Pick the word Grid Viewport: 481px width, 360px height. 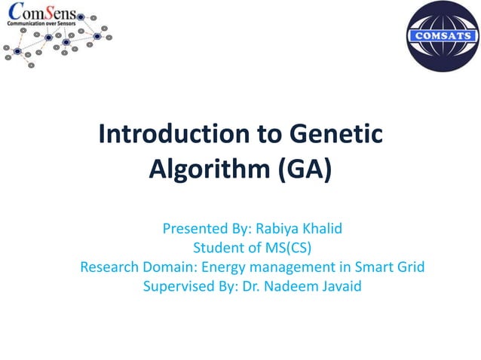(410, 267)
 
